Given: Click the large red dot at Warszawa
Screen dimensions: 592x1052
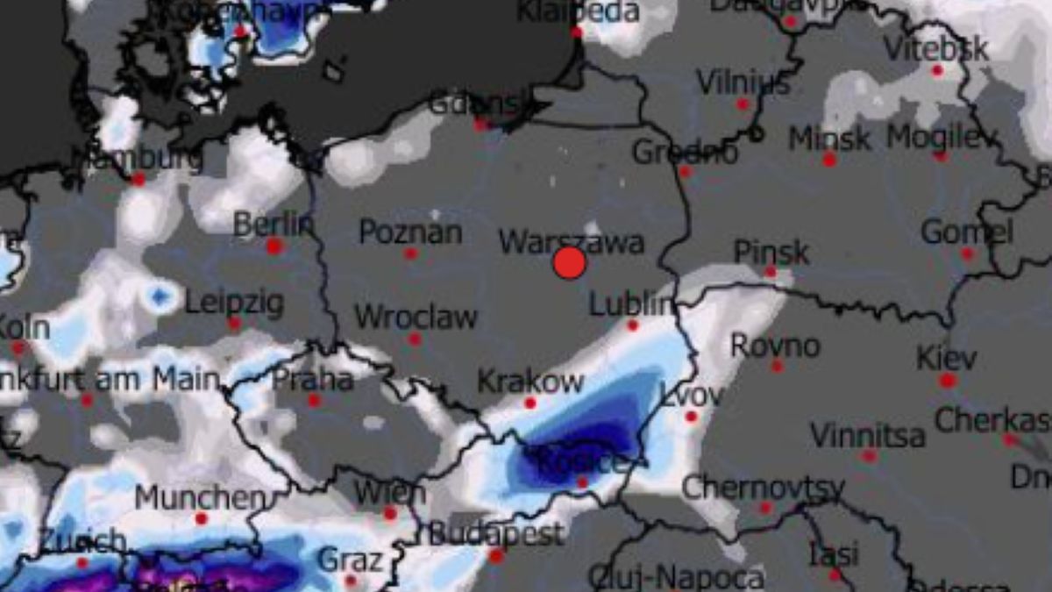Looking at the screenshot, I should pos(569,263).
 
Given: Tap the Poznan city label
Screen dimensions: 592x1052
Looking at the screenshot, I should pos(410,232).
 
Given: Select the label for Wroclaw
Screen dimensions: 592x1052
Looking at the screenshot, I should pos(416,317).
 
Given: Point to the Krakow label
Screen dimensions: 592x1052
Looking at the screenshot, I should pos(530,382).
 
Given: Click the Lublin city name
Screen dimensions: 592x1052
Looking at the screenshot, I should pos(632,304).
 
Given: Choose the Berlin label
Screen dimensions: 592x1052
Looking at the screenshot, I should pos(273,225).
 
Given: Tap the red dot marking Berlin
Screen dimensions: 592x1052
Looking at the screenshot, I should pos(274,246).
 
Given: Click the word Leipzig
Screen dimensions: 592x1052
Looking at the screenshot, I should pos(234,303).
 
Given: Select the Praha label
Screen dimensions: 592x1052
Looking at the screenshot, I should pos(313,380).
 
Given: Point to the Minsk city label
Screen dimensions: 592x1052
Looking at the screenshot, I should pos(829,139).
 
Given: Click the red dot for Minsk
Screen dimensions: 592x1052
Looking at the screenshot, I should pos(829,160).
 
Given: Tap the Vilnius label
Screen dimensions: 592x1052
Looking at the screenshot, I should pos(743,83).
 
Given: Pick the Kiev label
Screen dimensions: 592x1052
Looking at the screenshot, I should pos(946,359).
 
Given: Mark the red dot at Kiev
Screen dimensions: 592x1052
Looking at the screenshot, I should pos(947,381).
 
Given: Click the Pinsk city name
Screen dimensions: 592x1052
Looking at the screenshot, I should pos(771,253).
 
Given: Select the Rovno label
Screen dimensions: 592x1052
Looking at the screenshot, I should pos(775,346).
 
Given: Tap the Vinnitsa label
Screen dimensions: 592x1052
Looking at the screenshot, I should pos(867,435).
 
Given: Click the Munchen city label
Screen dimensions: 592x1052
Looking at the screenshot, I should pos(200,498).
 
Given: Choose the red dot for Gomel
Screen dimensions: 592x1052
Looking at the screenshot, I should pos(967,253).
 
